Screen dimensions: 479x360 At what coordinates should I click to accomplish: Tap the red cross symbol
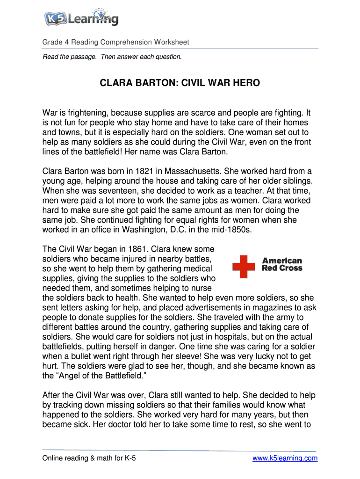[x=244, y=267]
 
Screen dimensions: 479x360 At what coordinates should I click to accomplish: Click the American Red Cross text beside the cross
[x=282, y=264]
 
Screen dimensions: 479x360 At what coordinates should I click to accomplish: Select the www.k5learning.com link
[x=285, y=458]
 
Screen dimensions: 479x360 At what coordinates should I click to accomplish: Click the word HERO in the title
[x=245, y=83]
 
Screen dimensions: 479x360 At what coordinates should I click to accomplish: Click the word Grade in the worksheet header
[x=53, y=42]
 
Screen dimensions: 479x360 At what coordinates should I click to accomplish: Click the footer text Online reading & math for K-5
[x=89, y=458]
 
